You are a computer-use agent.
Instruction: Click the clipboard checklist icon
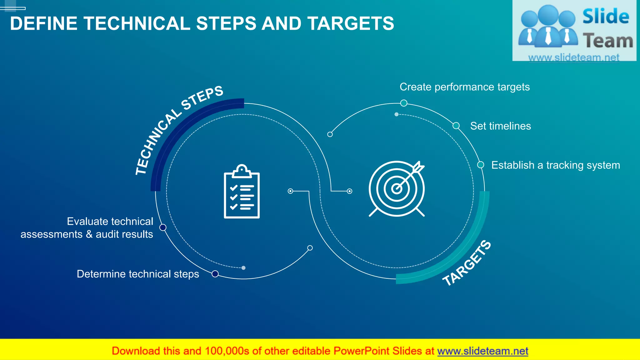[x=242, y=191]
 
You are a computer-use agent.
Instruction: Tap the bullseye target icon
[x=396, y=189]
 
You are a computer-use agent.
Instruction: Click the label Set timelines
[x=500, y=126]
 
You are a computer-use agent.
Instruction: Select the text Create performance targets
[x=464, y=87]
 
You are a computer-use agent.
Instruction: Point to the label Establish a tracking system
[x=555, y=165]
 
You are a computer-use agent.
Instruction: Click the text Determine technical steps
[x=138, y=274]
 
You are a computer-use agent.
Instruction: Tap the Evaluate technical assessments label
[x=87, y=228]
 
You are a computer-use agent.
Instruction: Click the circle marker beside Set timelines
[x=456, y=126]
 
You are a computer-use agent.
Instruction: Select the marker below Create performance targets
[x=404, y=103]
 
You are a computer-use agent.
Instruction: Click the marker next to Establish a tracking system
[x=481, y=165]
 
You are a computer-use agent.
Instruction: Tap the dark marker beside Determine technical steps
[x=215, y=274]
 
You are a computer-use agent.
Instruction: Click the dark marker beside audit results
[x=163, y=227]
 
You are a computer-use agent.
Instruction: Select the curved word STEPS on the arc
[x=202, y=98]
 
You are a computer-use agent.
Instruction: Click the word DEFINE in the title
[x=43, y=23]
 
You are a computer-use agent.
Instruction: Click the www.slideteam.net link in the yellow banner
[x=482, y=351]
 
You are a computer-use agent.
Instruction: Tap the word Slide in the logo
[x=605, y=16]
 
